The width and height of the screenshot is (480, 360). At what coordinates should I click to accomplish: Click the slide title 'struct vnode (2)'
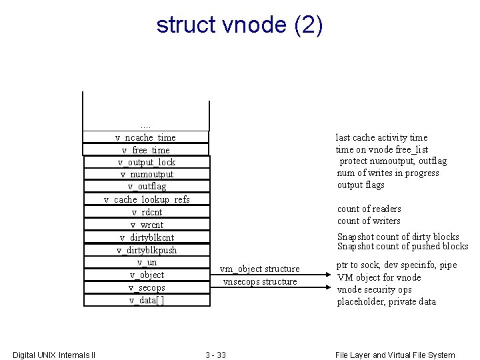[239, 25]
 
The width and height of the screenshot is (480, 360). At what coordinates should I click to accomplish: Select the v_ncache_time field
[146, 137]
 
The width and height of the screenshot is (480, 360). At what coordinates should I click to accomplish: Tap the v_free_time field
[146, 150]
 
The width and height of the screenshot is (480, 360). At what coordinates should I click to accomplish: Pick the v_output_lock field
[147, 162]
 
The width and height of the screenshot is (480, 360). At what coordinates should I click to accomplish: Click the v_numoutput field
[147, 174]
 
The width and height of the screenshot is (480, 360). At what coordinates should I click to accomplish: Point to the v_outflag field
[147, 187]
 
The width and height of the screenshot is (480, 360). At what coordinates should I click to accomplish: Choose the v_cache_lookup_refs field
[147, 199]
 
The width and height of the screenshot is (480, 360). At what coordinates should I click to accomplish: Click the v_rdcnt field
[147, 212]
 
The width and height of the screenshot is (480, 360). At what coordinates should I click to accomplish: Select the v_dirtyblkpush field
[147, 250]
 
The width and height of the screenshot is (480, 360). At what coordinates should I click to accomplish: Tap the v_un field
[147, 262]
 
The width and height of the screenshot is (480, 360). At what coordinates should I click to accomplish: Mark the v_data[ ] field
[147, 300]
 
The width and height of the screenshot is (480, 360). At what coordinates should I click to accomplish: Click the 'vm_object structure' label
[260, 269]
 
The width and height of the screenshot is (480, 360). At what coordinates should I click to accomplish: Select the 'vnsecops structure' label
[260, 281]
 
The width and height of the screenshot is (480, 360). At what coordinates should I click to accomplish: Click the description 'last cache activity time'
[381, 137]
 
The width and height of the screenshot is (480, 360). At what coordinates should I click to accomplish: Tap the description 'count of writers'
[369, 221]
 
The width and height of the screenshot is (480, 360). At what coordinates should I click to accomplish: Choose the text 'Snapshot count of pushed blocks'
[403, 247]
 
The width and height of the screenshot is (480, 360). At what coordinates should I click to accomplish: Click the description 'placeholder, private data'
[387, 301]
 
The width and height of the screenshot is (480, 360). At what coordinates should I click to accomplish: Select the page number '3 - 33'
[215, 355]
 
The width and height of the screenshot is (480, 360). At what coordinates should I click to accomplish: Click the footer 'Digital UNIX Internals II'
[54, 355]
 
